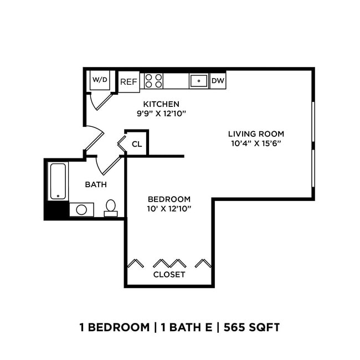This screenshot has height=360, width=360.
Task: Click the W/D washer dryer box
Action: tap(100, 80)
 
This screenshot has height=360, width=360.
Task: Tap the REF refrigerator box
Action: tap(128, 81)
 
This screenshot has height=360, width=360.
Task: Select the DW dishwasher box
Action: tap(217, 81)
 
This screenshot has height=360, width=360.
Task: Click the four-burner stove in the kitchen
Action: tap(153, 81)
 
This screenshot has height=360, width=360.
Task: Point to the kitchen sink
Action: tap(198, 81)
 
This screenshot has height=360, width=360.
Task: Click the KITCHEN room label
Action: tap(161, 104)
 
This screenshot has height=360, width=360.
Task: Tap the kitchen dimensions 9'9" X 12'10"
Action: tap(161, 114)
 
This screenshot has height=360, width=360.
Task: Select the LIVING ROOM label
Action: tap(256, 133)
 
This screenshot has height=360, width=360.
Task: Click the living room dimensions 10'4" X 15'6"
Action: tap(256, 143)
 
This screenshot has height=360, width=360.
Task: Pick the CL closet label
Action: tap(137, 145)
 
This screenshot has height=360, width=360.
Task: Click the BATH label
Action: tap(96, 184)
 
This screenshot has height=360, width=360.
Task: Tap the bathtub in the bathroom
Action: tap(58, 181)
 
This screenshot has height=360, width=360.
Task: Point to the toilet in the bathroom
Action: tap(111, 208)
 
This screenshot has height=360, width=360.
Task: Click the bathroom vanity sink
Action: tap(81, 210)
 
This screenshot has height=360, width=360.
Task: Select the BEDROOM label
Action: tap(169, 199)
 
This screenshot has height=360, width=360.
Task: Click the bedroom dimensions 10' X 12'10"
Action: tap(169, 209)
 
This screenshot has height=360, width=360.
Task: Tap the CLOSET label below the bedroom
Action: tap(169, 274)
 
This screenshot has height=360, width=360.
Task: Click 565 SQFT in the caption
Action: tap(253, 327)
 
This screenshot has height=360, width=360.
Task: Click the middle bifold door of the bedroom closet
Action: tap(169, 262)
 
